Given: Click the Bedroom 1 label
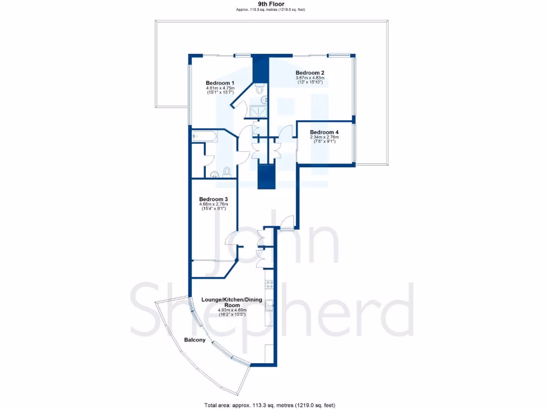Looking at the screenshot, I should tap(221, 83).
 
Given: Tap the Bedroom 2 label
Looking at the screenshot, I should tap(310, 73).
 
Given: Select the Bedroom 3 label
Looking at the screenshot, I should tap(213, 199).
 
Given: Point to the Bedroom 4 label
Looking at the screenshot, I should tap(324, 132).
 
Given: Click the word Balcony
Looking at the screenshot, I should tap(195, 340).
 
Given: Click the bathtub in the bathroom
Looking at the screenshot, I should tap(204, 136).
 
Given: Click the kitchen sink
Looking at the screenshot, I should tap(270, 305).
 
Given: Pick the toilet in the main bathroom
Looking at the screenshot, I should tap(227, 171).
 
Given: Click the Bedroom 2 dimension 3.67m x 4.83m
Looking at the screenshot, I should tap(310, 78).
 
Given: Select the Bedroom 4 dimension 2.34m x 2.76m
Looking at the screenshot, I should tap(324, 137).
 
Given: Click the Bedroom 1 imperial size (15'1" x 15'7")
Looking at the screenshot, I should tap(221, 93).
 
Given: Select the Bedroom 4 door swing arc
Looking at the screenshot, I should tap(288, 132).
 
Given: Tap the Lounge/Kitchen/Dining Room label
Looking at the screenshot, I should tap(231, 302).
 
